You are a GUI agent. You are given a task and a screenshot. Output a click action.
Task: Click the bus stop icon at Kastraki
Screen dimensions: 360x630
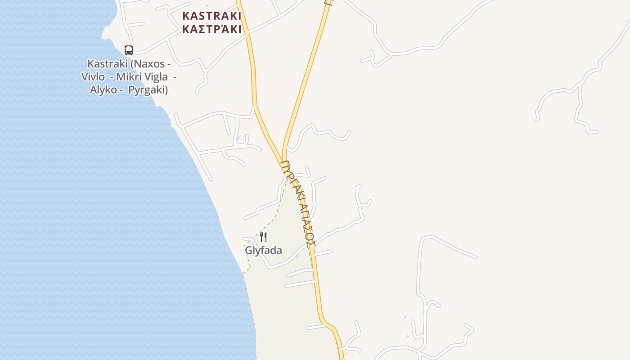pos(129,50)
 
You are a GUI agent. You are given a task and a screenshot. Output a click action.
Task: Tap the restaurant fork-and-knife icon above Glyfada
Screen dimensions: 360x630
pos(264,237)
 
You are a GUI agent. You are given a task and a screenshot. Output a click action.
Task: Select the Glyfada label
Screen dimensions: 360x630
pos(263,250)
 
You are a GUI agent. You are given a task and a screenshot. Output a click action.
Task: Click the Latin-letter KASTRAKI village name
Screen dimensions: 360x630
pos(211,16)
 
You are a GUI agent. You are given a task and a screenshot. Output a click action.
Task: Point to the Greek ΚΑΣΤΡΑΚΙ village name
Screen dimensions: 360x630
pos(211,30)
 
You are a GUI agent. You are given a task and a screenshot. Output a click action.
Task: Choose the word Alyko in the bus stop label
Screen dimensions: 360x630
pos(103,90)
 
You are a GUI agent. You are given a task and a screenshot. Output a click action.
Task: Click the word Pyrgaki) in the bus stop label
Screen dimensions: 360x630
pos(148,90)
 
